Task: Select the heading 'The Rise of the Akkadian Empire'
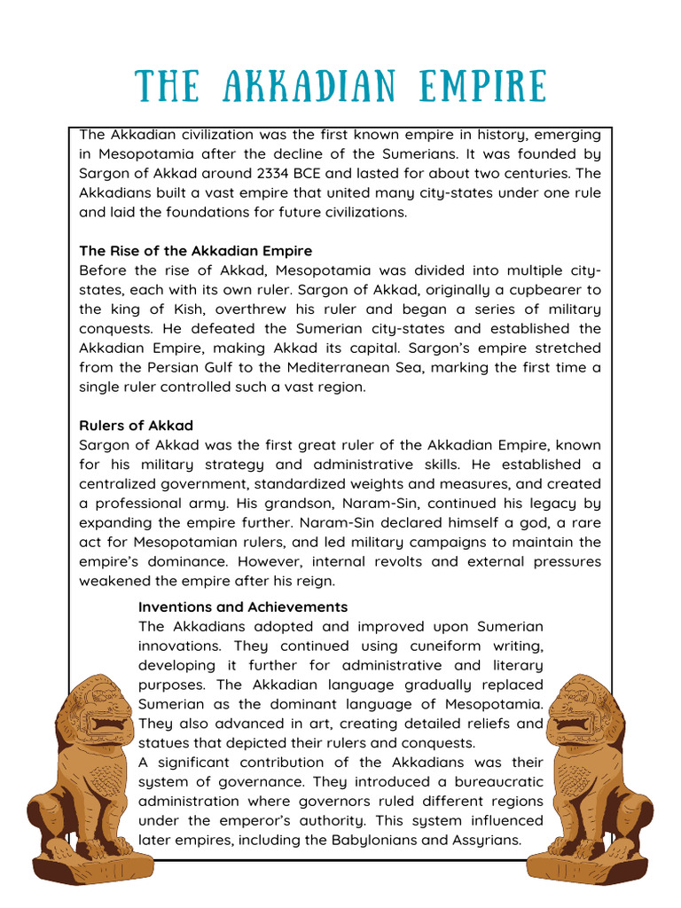[x=195, y=251]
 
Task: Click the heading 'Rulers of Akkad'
[x=136, y=426]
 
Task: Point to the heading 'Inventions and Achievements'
[x=243, y=607]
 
